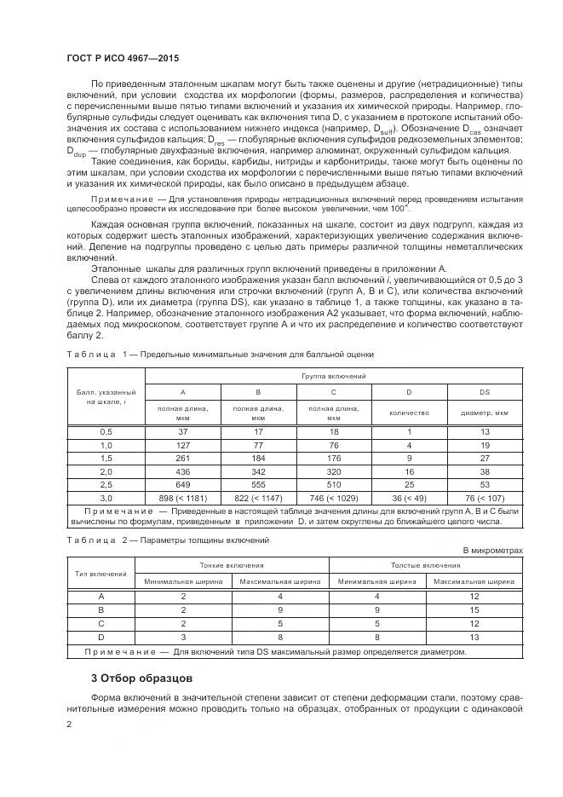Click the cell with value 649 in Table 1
tap(182, 482)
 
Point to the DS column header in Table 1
tap(484, 392)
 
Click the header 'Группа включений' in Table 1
tap(333, 375)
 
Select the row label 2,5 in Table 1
tap(106, 482)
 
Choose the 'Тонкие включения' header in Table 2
tap(231, 564)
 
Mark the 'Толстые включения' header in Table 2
tap(425, 564)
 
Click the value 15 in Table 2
tap(474, 610)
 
